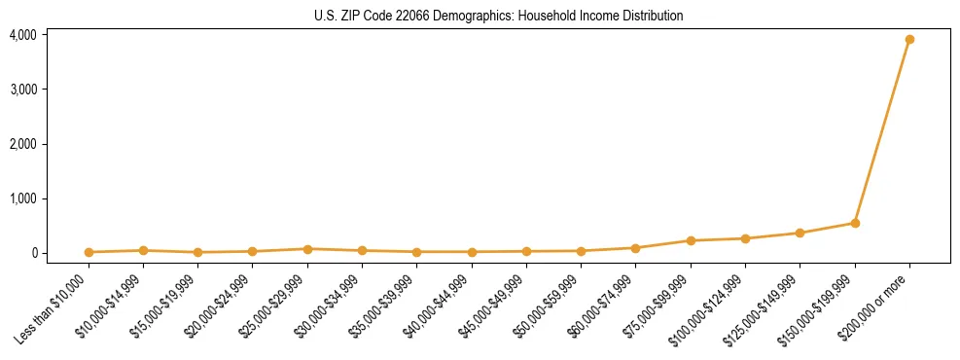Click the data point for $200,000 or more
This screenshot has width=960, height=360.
coord(909,40)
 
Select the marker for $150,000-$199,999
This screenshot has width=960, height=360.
coord(855,223)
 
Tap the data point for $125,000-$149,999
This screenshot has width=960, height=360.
coord(800,234)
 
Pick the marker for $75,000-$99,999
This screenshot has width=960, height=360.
coord(691,240)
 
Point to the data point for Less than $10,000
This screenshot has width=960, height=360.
coord(89,252)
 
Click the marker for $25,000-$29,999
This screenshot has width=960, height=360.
coord(307,249)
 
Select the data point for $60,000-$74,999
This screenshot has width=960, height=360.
coord(636,248)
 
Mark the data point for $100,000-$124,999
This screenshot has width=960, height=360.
coord(745,238)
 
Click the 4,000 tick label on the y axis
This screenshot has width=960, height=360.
coord(23,35)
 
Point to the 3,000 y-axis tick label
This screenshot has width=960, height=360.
coord(23,90)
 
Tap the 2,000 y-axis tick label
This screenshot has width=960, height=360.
coord(23,144)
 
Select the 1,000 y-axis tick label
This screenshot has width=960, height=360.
coord(23,198)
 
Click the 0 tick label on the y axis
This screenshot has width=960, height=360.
coord(33,253)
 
